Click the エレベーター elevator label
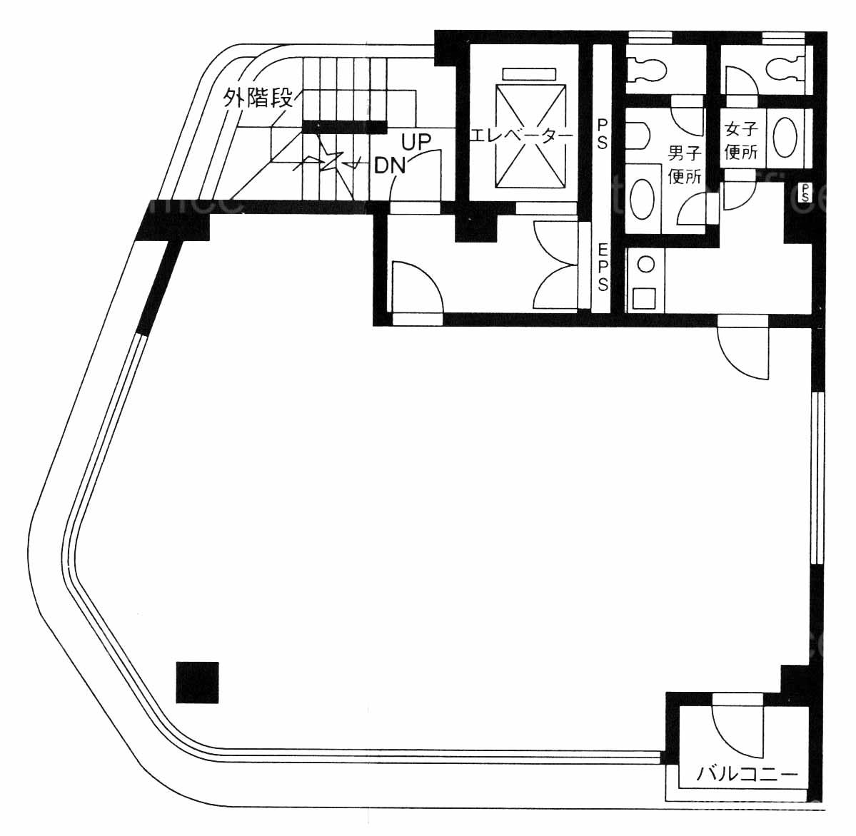coord(521,136)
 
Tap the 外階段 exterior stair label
coord(258,98)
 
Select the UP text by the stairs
coord(416,142)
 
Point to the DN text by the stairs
coord(391,165)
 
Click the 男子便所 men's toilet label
coord(685,164)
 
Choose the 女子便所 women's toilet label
coord(741,141)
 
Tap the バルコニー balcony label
coord(747,774)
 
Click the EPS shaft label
coord(603,267)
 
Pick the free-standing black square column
coord(197,682)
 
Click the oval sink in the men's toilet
coord(641,199)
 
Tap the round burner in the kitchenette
coord(646,265)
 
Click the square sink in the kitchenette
coord(645,297)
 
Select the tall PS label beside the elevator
coord(602,134)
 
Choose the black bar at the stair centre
coord(342,127)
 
